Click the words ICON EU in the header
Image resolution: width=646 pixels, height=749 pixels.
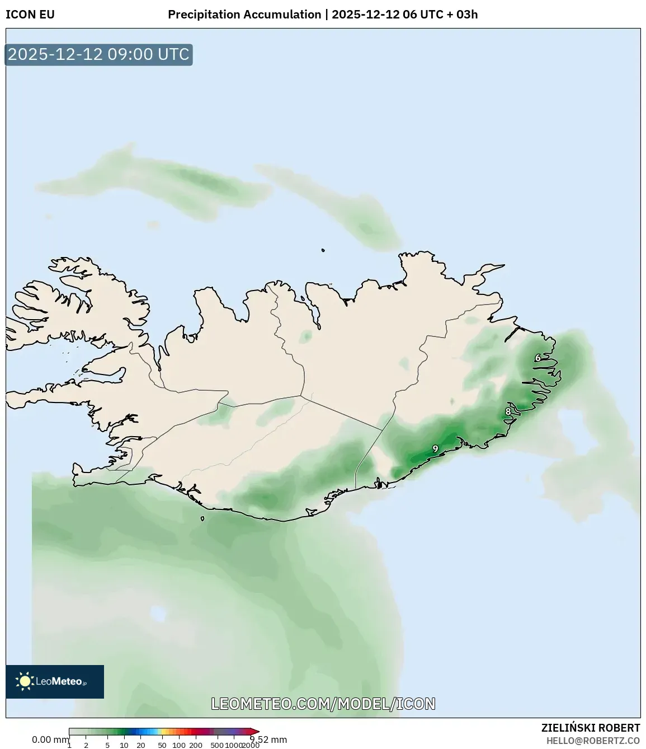coord(30,15)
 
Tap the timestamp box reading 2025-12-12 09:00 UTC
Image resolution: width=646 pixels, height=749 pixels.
coord(98,54)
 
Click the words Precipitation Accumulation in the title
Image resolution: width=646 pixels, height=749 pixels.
coord(244,15)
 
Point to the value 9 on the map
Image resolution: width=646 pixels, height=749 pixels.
coord(435,448)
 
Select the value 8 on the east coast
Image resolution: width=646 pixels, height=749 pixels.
coord(508,411)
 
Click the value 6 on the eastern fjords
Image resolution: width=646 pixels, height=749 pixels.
coord(538,358)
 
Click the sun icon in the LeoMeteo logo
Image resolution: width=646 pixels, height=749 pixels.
coord(25,681)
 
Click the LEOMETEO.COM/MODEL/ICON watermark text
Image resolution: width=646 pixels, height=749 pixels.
coord(323,704)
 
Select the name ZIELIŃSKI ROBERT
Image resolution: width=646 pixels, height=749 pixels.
coord(591,728)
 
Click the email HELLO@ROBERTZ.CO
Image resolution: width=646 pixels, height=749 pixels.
coord(593,741)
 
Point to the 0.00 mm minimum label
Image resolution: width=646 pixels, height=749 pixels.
coord(50,739)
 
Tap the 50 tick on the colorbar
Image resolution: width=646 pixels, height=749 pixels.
coord(162,745)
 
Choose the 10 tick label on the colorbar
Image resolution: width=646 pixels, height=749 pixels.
coord(124,745)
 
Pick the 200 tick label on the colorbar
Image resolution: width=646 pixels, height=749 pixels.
coord(196,745)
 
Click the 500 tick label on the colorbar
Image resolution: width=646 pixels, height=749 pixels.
coord(217,745)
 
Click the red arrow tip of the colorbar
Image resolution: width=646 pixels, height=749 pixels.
coord(256,731)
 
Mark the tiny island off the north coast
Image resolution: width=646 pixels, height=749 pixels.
coord(323,250)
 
